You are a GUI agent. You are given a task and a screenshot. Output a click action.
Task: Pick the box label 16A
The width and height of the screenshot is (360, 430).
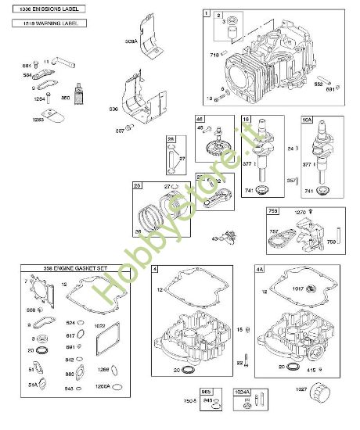[307, 120]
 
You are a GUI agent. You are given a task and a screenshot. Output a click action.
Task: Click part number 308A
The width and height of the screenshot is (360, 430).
[130, 41]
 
